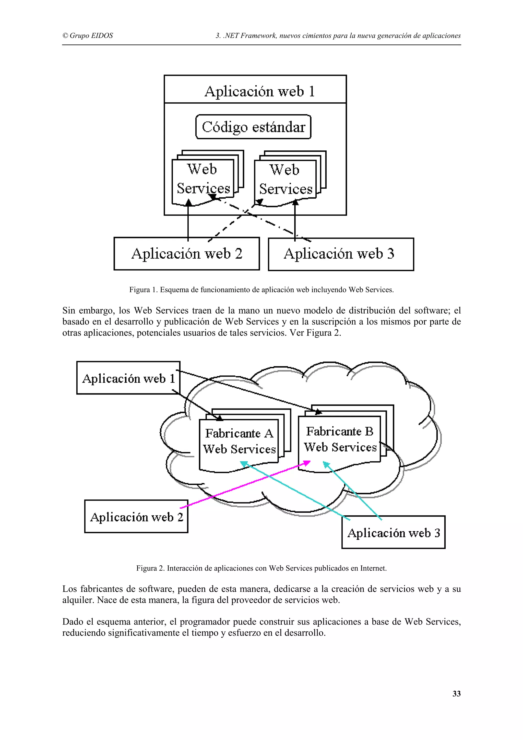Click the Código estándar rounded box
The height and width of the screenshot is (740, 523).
pyautogui.click(x=253, y=127)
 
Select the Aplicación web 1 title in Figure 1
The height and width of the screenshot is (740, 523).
pyautogui.click(x=259, y=91)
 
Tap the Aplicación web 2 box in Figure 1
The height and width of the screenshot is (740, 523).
pyautogui.click(x=187, y=254)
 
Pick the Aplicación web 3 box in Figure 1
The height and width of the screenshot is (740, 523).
pyautogui.click(x=341, y=254)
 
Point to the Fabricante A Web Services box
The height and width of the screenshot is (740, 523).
pyautogui.click(x=239, y=441)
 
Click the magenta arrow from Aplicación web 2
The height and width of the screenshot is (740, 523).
pyautogui.click(x=245, y=485)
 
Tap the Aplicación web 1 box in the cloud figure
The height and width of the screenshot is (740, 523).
pyautogui.click(x=128, y=378)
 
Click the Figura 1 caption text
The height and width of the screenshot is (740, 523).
pyautogui.click(x=261, y=290)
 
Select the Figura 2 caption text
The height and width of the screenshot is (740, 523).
pyautogui.click(x=261, y=568)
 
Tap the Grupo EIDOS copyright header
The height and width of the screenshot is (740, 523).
pyautogui.click(x=88, y=36)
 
